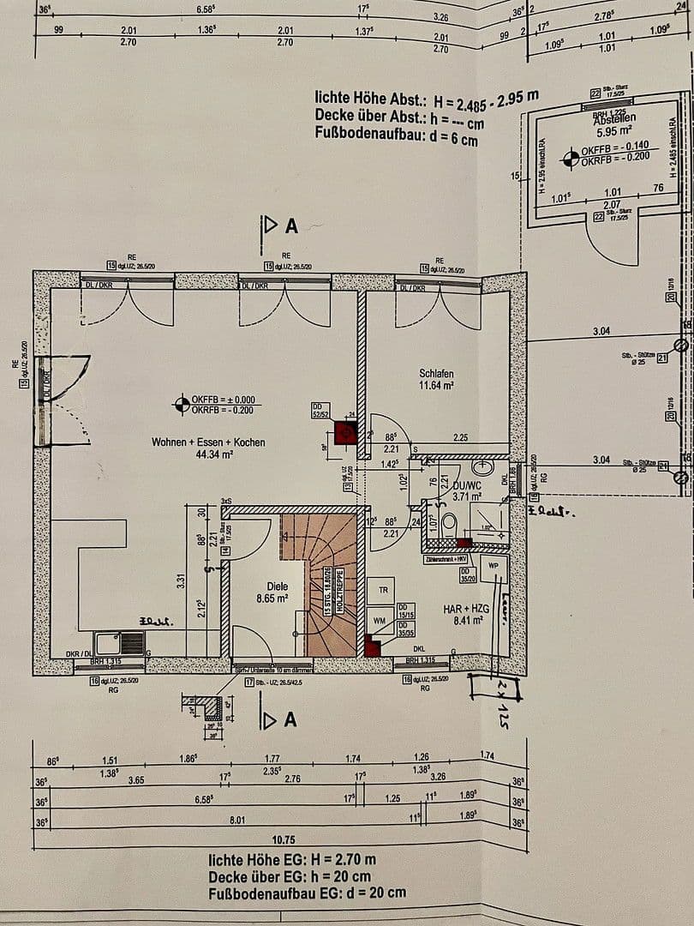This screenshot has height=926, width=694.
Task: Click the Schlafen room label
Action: pyautogui.click(x=436, y=374)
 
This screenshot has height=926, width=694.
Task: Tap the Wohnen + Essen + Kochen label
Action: pyautogui.click(x=208, y=442)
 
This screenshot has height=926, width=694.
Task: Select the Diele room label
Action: pyautogui.click(x=253, y=586)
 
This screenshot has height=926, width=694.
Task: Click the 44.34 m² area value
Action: pyautogui.click(x=208, y=454)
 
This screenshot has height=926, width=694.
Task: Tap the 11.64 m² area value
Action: pyautogui.click(x=436, y=386)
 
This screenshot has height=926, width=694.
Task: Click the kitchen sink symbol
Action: pyautogui.click(x=120, y=642)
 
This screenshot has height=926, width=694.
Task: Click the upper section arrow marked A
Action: pyautogui.click(x=279, y=225)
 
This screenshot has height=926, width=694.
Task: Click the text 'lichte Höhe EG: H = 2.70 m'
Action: pyautogui.click(x=291, y=858)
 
